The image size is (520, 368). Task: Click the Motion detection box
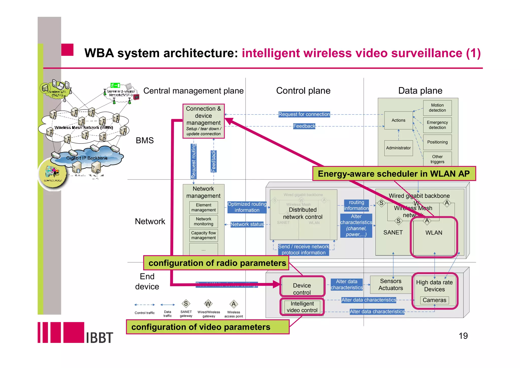coord(437,108)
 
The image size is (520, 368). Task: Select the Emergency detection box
coord(437,125)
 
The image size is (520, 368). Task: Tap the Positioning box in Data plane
coord(437,142)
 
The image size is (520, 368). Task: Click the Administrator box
coord(398,148)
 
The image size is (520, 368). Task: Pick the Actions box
coord(398,120)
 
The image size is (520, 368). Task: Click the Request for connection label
coord(304,114)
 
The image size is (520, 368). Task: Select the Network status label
coord(247,224)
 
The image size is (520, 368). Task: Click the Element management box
coord(203,207)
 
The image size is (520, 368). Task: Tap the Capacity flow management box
coord(203,235)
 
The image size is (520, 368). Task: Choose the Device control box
coord(302,289)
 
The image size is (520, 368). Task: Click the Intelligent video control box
coord(302,307)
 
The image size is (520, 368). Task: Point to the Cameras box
coord(434,300)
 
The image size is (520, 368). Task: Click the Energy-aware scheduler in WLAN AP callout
coord(394,174)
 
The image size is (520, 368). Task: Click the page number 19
coord(463,336)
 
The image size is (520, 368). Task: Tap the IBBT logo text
coord(99,338)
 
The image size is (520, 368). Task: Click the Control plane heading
coord(303,91)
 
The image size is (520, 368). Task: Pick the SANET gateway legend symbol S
coord(186,303)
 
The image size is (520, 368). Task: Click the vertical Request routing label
coord(193,161)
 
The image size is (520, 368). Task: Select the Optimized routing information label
coord(247,207)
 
